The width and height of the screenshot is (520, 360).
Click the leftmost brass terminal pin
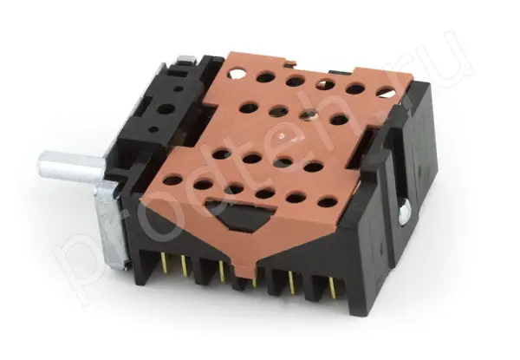coord(164,263)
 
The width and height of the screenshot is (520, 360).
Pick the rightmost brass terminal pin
coord(332,288)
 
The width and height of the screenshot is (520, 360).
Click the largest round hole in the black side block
coord(166,108)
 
